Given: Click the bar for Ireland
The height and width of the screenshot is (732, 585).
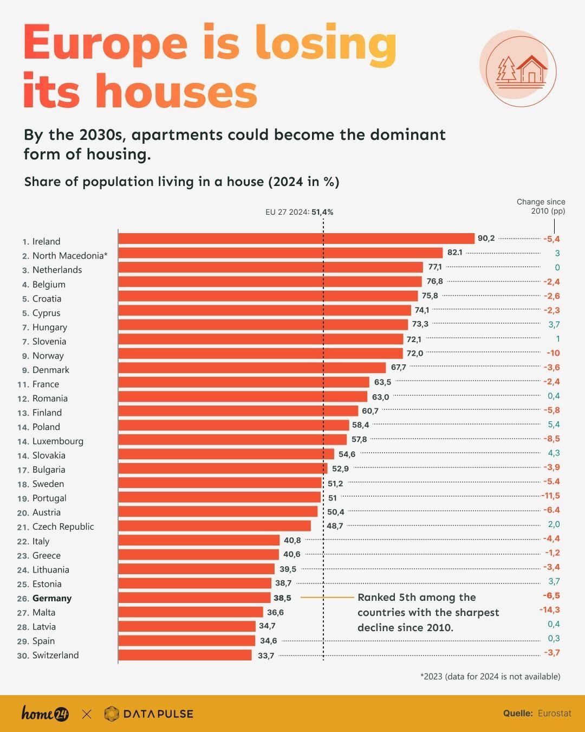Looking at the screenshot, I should coord(296,239).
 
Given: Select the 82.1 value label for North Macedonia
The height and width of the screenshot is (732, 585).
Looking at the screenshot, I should coord(454,253).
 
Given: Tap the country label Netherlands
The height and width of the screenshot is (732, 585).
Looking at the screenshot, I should coord(57,270).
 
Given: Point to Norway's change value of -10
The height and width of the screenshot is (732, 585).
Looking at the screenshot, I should coord(553,353).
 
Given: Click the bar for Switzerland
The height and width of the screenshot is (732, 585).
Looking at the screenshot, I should coord(185,655).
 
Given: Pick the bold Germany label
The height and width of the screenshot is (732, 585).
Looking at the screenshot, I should coord(52,598).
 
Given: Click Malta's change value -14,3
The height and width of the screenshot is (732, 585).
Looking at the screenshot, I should coord(549,610).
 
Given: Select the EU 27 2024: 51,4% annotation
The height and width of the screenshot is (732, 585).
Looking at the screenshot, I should coord(299,212).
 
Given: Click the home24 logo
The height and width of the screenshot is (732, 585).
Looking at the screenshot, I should coord(45,714).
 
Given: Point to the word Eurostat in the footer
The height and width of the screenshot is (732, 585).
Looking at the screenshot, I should coord(554,714).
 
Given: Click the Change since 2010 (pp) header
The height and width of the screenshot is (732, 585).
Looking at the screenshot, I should coord(541,206).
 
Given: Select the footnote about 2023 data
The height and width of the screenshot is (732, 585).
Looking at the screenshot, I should coord(490,676).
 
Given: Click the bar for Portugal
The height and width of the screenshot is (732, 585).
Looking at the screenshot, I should coord(219,497).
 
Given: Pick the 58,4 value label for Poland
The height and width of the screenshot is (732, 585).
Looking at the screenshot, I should coord(360,425).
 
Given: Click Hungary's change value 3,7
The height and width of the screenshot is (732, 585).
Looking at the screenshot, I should coord(554,324).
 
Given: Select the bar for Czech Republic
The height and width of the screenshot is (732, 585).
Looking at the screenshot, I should coord(214,526).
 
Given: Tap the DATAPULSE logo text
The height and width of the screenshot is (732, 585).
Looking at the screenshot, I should coord(158,714).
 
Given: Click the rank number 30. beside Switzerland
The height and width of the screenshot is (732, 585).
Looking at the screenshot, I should coord(23,656).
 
